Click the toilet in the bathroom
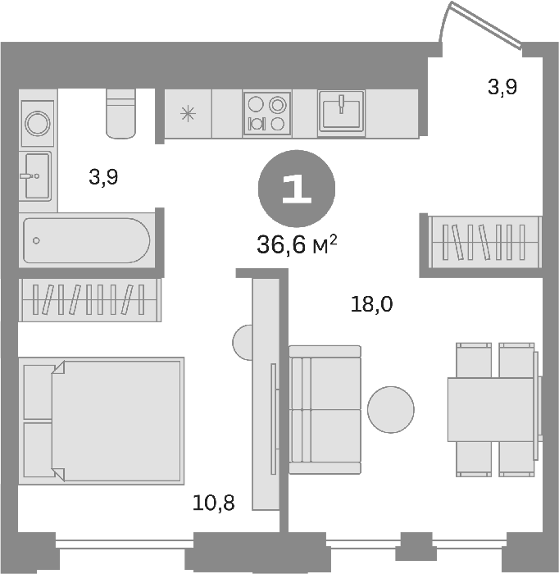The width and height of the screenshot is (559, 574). coord(121,114)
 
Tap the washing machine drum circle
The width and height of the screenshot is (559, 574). coord(38,123)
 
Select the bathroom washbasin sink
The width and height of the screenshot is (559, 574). coord(36,176)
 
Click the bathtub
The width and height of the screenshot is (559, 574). coord(87,240)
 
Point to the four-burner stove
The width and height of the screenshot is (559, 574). coord(267,114)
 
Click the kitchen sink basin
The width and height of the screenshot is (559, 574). coord(341,112)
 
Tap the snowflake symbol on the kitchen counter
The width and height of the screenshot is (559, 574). coord(188,113)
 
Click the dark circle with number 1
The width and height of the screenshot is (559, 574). coord(297,189)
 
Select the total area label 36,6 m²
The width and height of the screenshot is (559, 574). coord(297,244)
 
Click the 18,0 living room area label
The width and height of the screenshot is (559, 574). coord(371,304)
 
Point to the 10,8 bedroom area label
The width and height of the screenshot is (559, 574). coord(214,503)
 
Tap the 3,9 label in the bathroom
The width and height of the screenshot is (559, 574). coord(103,177)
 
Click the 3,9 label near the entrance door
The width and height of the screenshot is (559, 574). coord(502,88)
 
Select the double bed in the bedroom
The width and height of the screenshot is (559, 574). coord(102,421)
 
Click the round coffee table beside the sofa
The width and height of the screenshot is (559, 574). coord(391,410)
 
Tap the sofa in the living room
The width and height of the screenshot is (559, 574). coord(325,410)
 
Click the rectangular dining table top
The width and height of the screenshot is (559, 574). coord(491,410)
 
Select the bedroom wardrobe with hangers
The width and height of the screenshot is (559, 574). coord(89,300)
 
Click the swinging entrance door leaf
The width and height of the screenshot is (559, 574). coord(487,25)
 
